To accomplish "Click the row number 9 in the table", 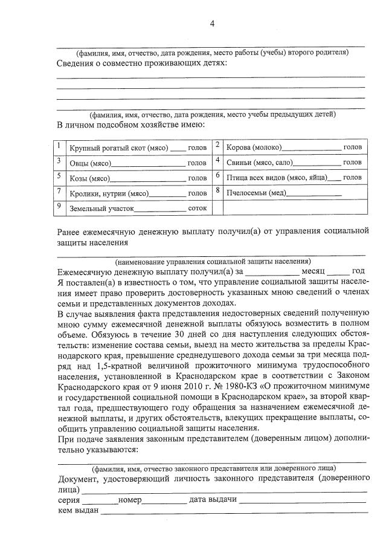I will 59,206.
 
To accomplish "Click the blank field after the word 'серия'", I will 100,501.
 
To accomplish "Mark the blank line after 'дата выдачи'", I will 302,501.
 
